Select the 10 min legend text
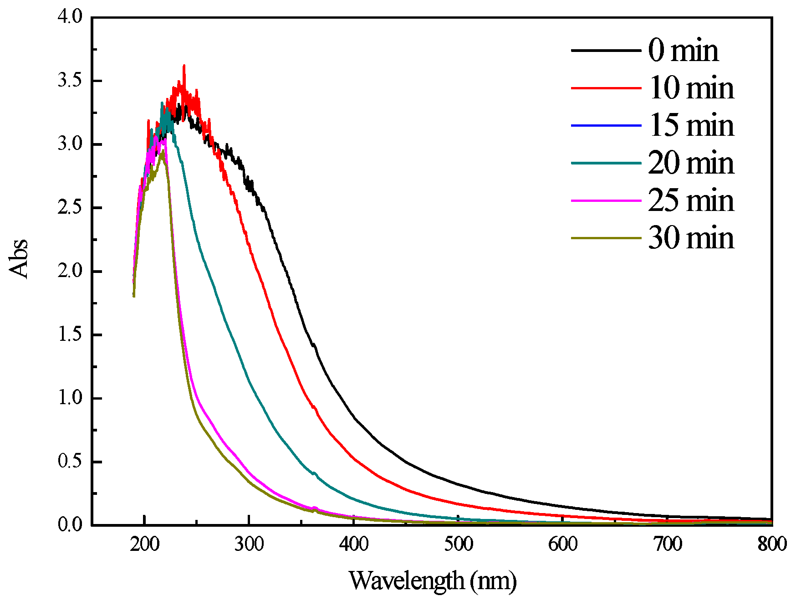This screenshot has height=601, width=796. pyautogui.click(x=691, y=87)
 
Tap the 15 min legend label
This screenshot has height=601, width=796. pyautogui.click(x=691, y=125)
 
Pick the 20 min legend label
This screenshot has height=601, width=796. pyautogui.click(x=691, y=163)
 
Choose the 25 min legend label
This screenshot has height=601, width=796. pyautogui.click(x=691, y=200)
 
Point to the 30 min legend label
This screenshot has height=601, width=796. pyautogui.click(x=691, y=238)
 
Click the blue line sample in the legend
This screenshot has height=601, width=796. pyautogui.click(x=606, y=125)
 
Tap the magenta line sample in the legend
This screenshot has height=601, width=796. pyautogui.click(x=606, y=200)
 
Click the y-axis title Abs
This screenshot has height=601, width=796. pyautogui.click(x=19, y=258)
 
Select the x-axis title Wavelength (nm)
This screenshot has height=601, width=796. pyautogui.click(x=433, y=581)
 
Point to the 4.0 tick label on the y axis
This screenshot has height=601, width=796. pyautogui.click(x=70, y=17)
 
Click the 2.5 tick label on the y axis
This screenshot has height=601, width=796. pyautogui.click(x=70, y=207)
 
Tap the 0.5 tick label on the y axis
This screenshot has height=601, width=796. pyautogui.click(x=70, y=462)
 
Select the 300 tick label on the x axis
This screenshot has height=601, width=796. pyautogui.click(x=249, y=544)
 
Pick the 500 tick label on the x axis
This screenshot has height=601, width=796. pyautogui.click(x=458, y=544)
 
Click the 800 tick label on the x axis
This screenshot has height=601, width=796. pyautogui.click(x=771, y=544)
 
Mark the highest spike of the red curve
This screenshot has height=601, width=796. pyautogui.click(x=184, y=66)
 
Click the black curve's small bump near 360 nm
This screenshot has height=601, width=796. pyautogui.click(x=314, y=345)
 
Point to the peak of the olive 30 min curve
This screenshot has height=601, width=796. pyautogui.click(x=163, y=151)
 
